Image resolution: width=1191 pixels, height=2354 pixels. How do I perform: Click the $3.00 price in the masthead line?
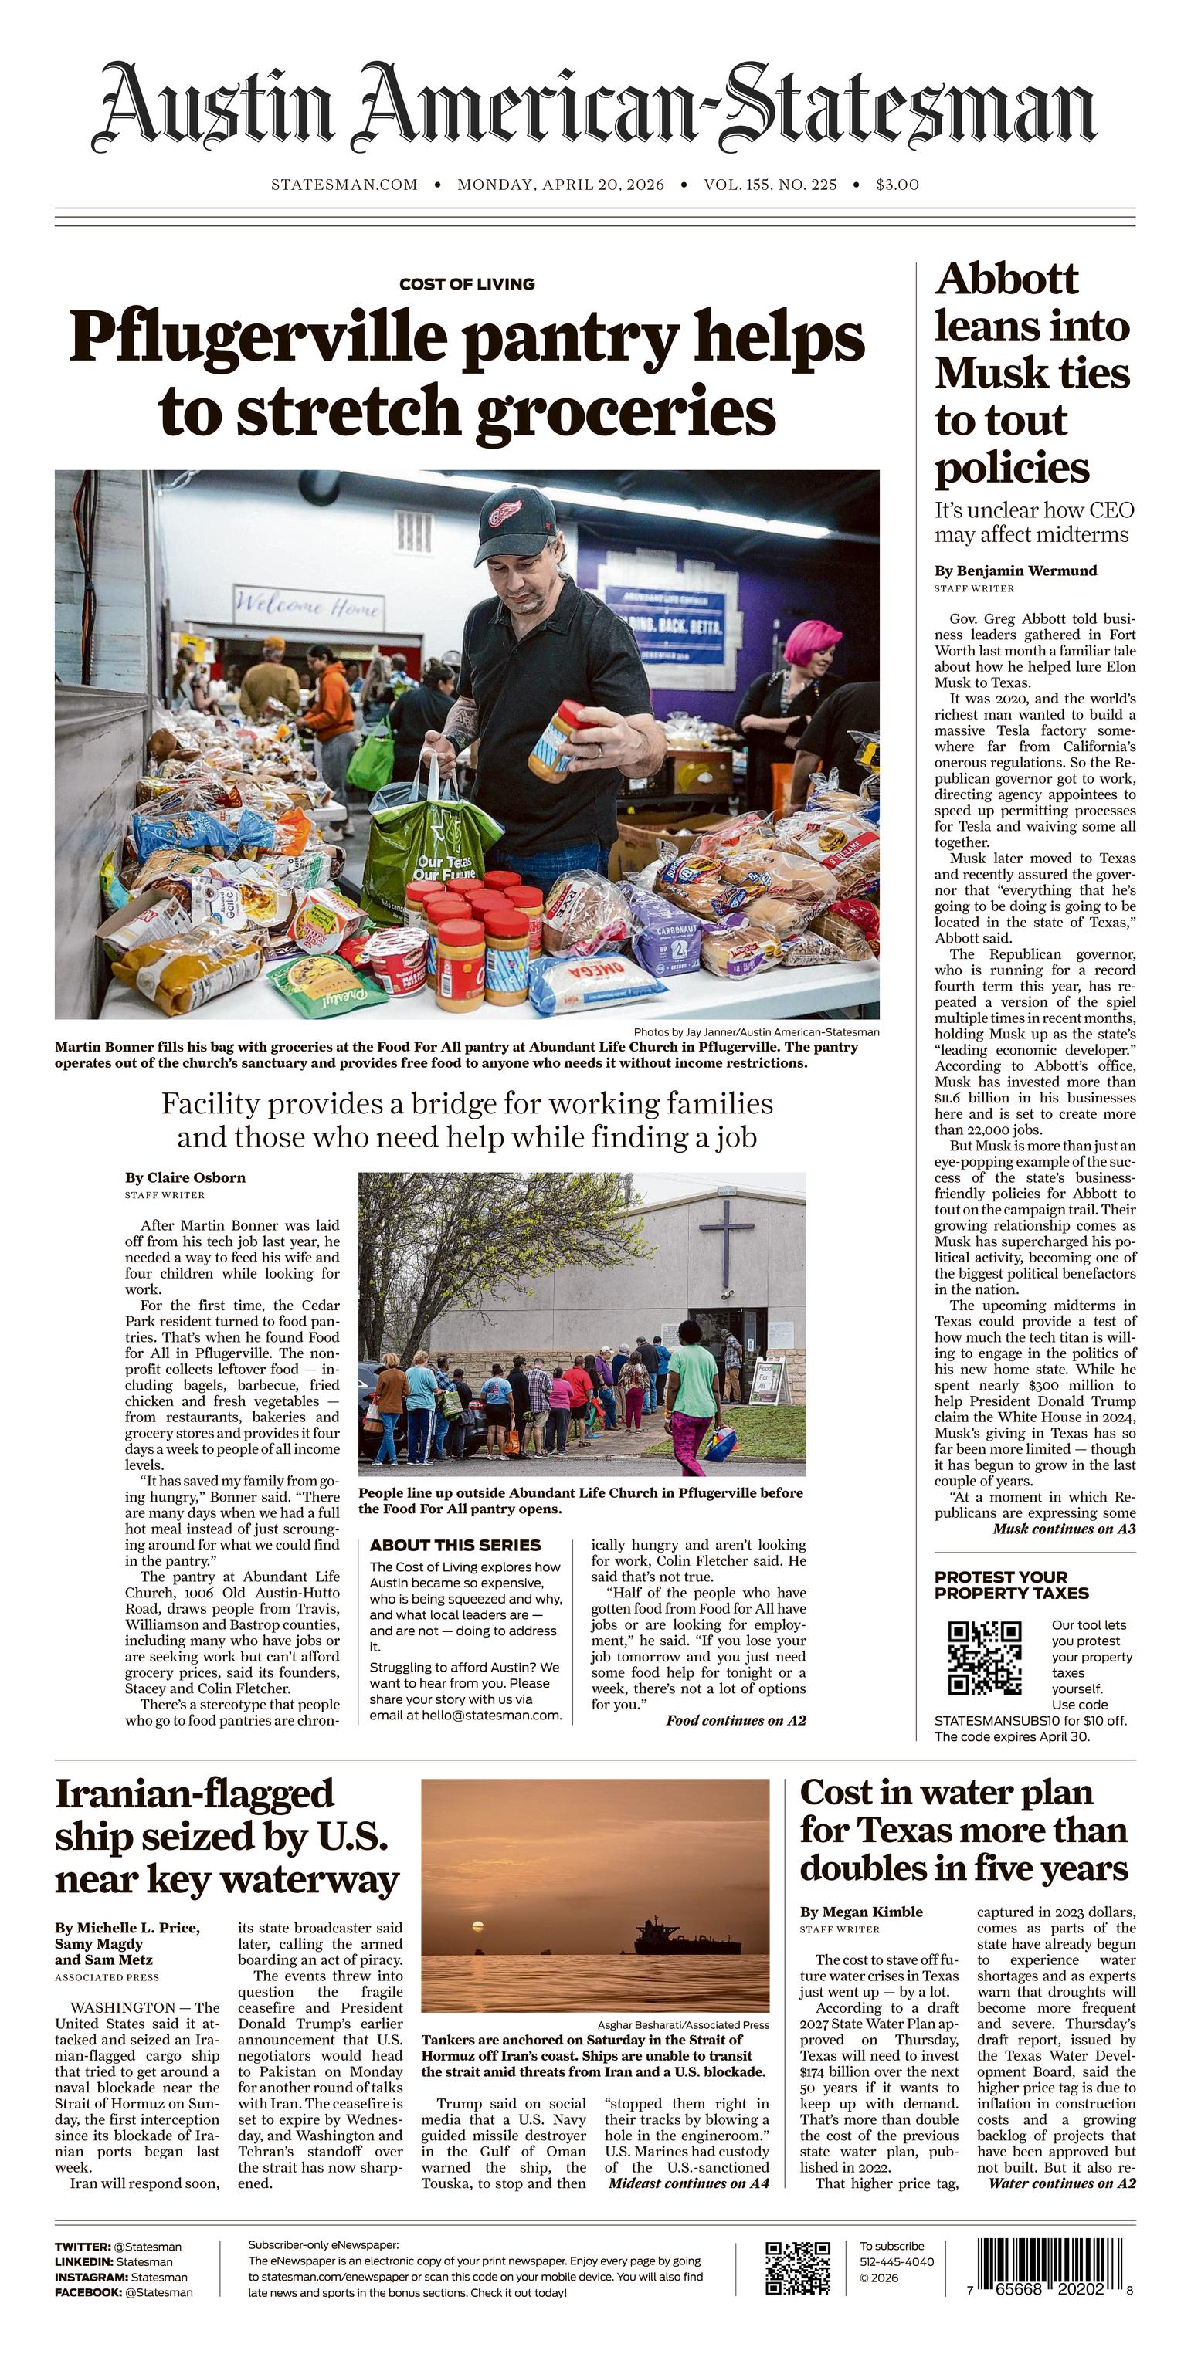pos(897,185)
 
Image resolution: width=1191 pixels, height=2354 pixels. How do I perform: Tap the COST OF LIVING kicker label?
pos(467,284)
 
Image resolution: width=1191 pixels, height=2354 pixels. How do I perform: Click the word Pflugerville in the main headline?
pos(259,338)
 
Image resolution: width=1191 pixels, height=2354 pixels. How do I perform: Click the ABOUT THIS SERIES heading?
pos(455,1545)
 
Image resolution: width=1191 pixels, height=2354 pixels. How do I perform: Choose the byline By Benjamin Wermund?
pos(1016,571)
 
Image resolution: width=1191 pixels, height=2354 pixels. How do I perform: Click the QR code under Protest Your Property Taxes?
pos(985,1657)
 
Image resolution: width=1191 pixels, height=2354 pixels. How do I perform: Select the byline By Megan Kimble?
pos(861,1912)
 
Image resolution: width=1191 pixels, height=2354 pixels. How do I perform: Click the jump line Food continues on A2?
pos(736,1721)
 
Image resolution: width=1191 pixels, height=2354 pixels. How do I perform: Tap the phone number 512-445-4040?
pos(897,2261)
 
